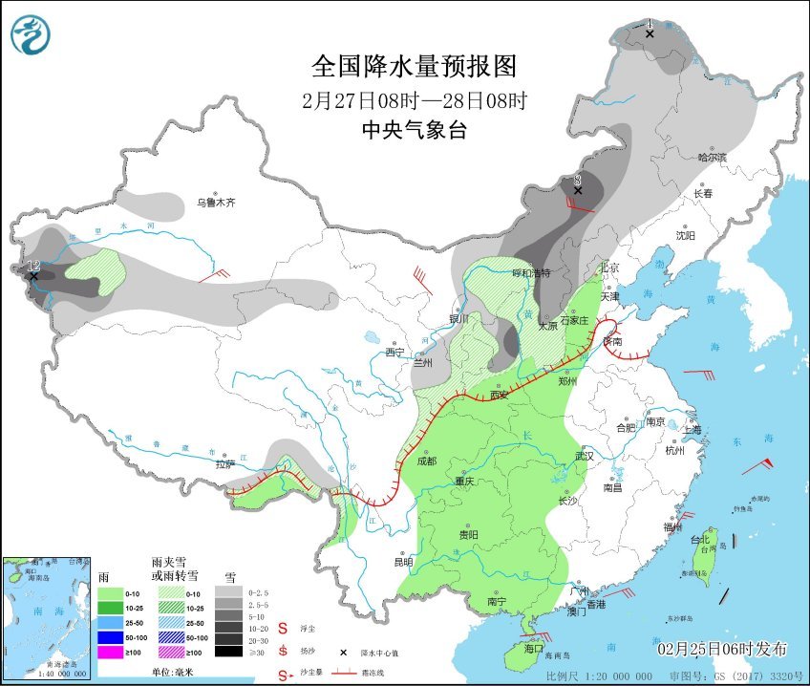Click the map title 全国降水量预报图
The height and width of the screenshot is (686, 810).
414,66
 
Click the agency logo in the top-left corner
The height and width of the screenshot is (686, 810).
32,35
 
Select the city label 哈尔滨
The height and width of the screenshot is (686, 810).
712,157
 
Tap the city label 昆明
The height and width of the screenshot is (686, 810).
403,561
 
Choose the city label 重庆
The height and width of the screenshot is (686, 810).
464,481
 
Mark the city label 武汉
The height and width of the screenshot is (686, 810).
584,456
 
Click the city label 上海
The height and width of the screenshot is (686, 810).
692,430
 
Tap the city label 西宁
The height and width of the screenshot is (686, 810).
394,353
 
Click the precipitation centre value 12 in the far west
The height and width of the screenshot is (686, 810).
32,266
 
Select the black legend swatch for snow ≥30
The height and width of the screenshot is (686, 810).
227,652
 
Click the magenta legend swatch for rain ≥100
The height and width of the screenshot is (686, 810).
112,652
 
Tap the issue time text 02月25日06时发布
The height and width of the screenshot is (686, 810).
722,649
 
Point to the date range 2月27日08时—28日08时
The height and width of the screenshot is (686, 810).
414,99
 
